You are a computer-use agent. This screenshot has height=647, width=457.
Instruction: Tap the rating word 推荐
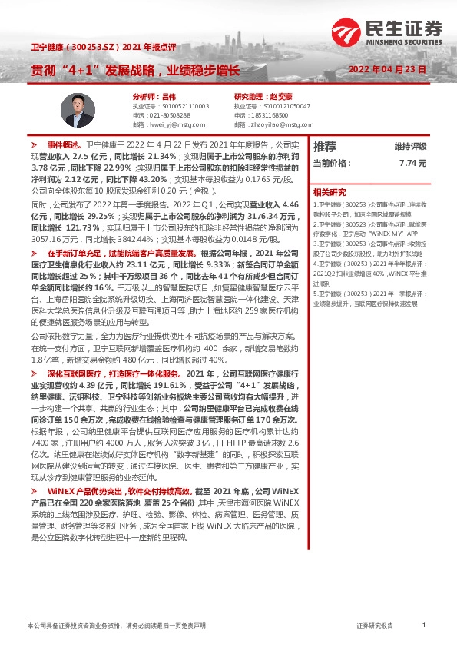pos(325,146)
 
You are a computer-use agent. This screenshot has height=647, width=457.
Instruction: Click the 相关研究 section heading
pos(330,192)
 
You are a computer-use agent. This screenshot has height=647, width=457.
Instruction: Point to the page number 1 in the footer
pos(424,626)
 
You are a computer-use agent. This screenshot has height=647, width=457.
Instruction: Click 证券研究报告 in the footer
pos(375,626)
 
